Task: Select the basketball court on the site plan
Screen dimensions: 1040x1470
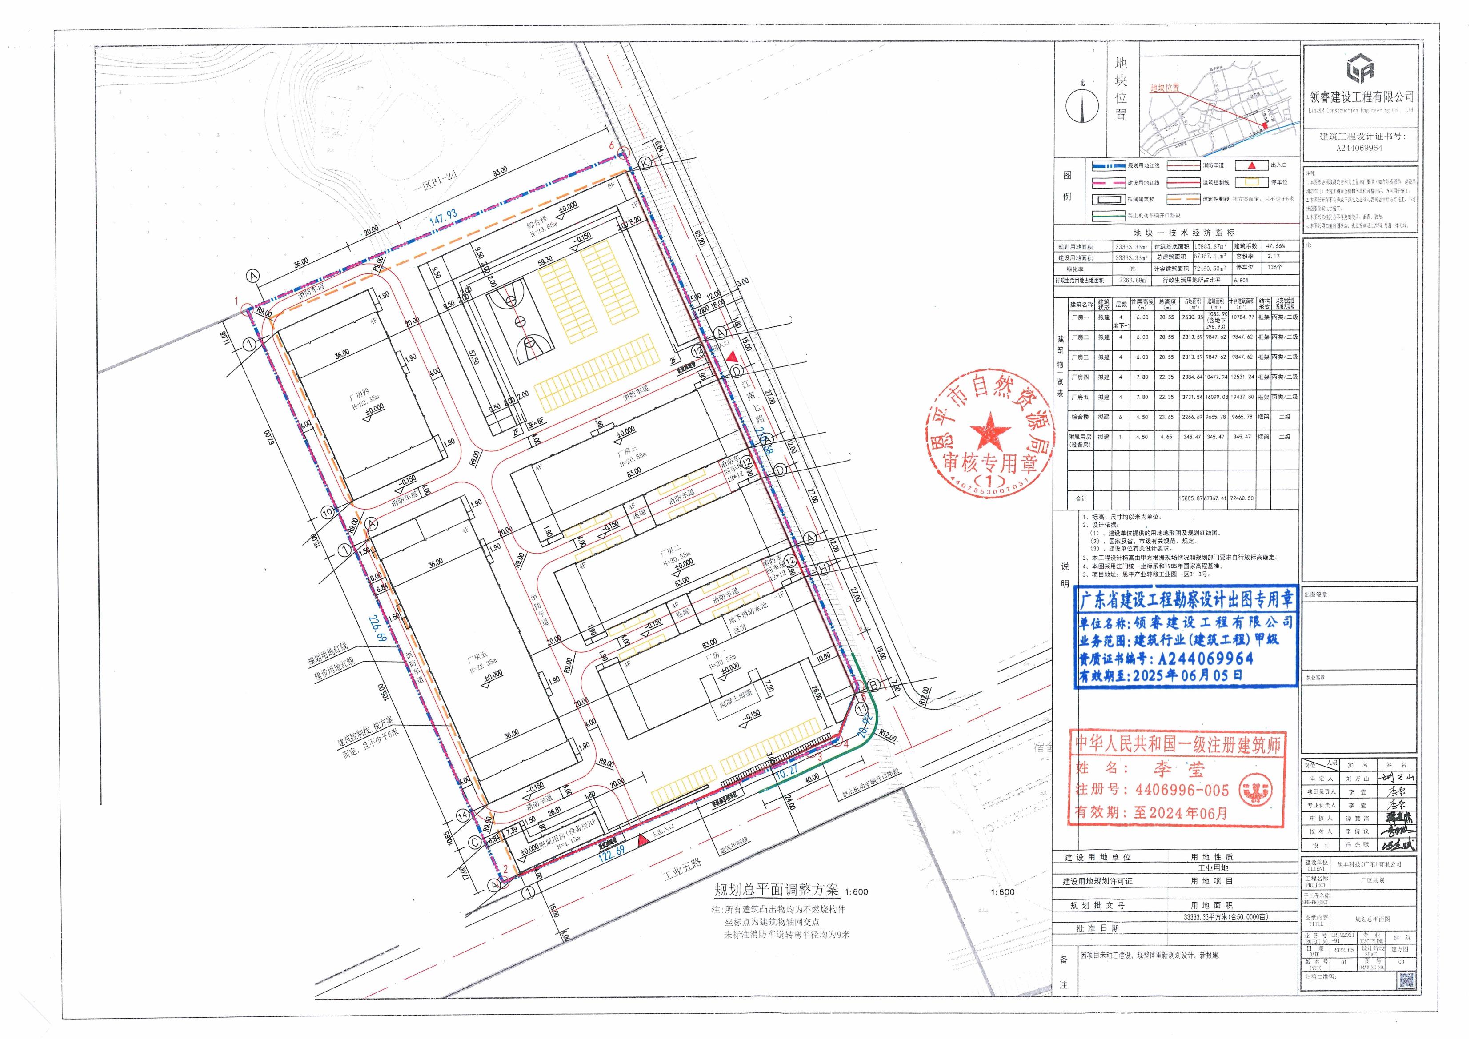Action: tap(519, 323)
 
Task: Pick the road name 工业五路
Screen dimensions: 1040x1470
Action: tap(682, 868)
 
